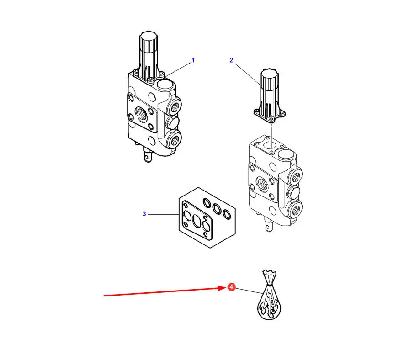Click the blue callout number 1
click(x=193, y=60)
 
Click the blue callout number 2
click(x=231, y=60)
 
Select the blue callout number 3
click(x=144, y=214)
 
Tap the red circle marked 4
click(x=231, y=287)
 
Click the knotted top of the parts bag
click(x=269, y=276)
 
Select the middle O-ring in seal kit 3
click(x=217, y=209)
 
